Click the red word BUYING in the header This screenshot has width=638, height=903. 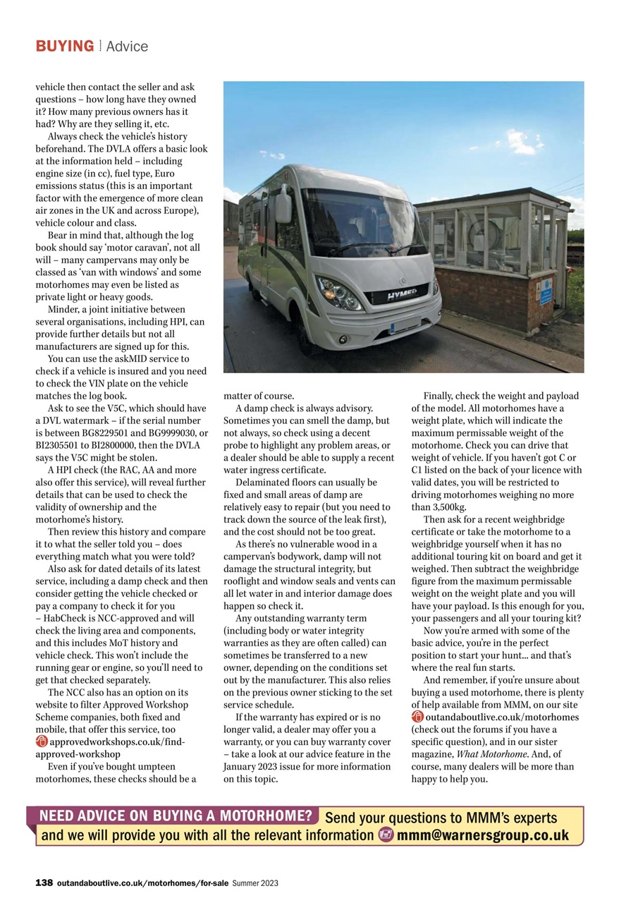point(65,47)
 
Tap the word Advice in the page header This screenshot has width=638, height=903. point(127,47)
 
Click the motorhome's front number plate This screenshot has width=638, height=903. point(405,326)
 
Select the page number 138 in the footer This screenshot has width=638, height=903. point(44,883)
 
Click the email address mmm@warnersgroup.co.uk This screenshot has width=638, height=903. point(483,835)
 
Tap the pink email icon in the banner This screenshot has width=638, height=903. point(386,835)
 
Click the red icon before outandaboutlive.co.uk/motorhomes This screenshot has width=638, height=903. point(417,717)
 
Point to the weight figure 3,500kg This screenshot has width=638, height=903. point(447,507)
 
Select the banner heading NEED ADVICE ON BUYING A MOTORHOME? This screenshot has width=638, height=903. point(175,817)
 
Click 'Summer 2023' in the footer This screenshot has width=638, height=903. point(255,883)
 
